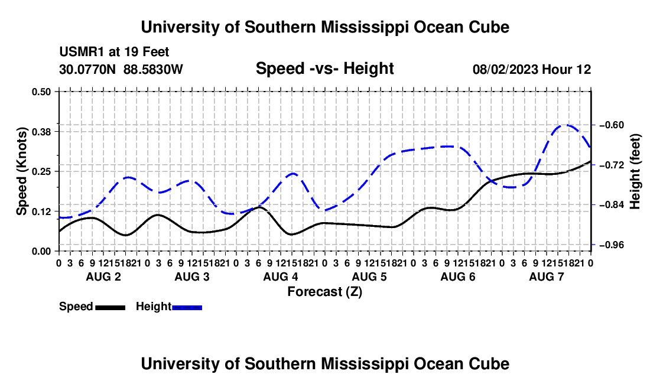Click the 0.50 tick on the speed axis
[x=41, y=91]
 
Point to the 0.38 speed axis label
[x=41, y=132]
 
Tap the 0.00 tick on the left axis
[x=41, y=251]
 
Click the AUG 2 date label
[x=103, y=276]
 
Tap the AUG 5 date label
[x=369, y=276]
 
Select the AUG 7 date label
[x=547, y=276]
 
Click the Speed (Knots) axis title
[x=21, y=171]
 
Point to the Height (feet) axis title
[x=635, y=171]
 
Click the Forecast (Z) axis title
[x=325, y=292]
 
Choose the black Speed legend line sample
[x=110, y=307]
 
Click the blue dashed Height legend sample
[x=187, y=307]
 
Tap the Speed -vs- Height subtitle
[x=324, y=69]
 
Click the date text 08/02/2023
[x=505, y=69]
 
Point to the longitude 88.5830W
[x=153, y=69]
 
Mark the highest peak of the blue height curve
[x=567, y=125]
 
